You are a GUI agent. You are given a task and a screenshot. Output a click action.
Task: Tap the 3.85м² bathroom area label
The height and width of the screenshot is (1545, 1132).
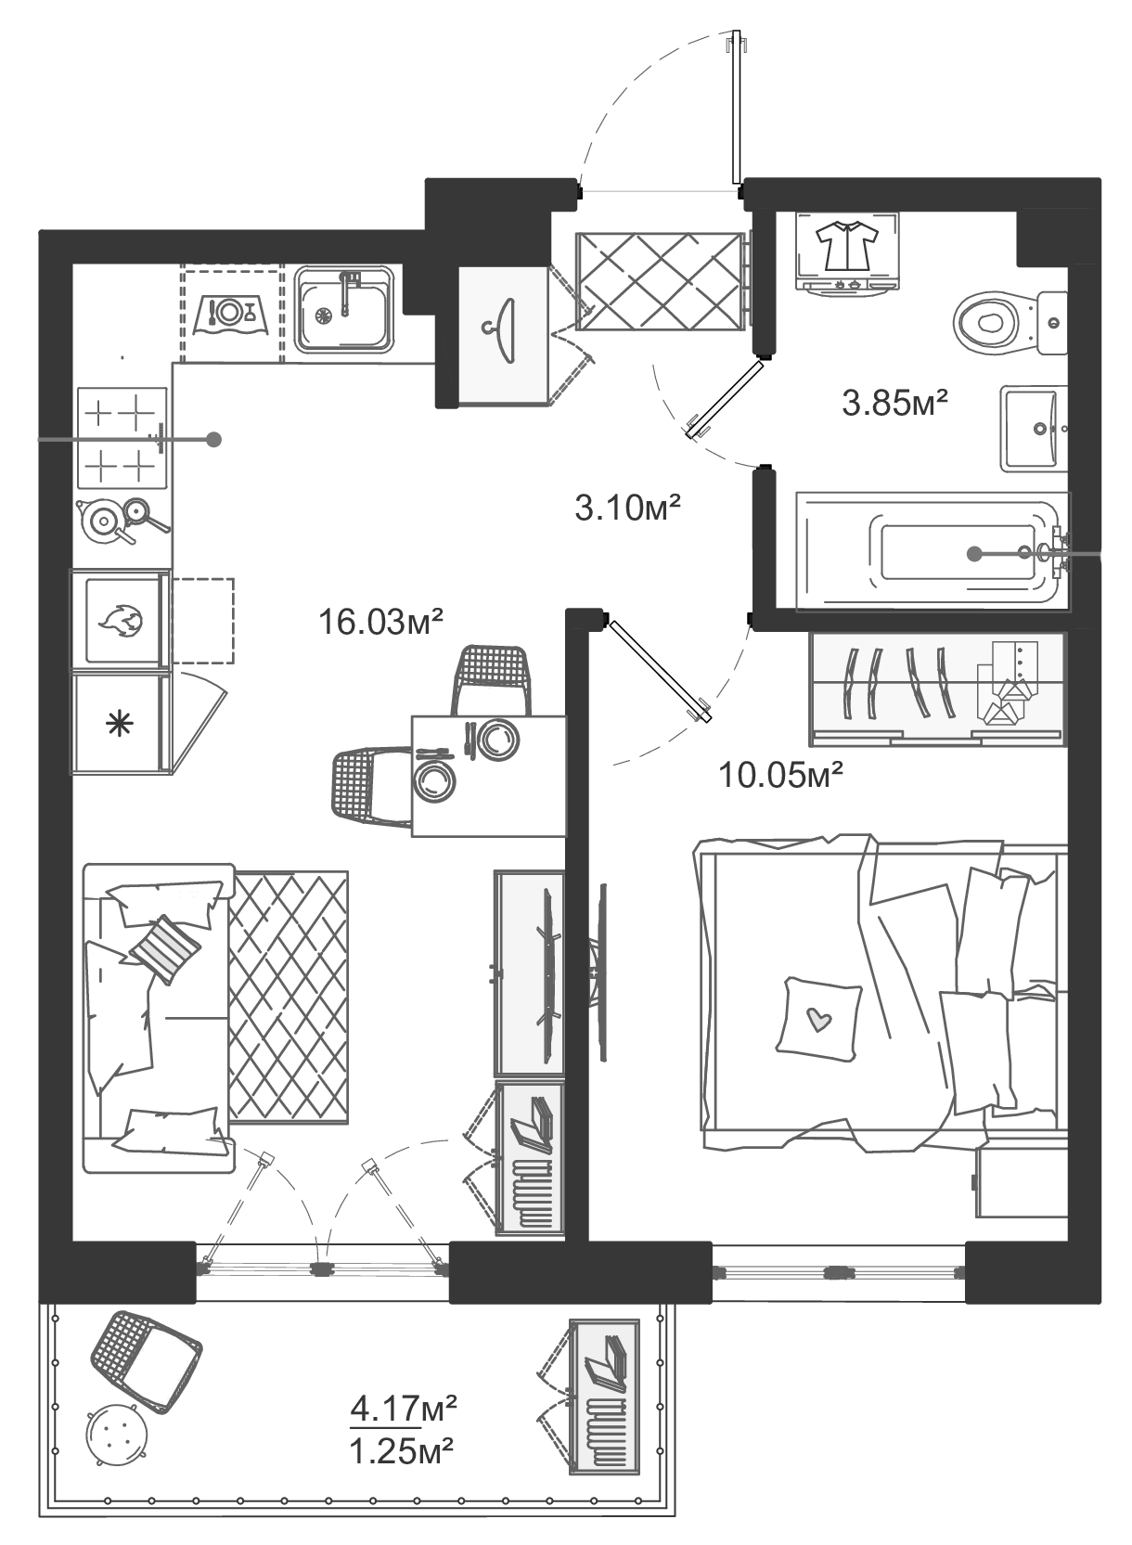coord(894,403)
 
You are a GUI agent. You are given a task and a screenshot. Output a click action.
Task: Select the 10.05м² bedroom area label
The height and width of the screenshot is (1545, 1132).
coord(781,773)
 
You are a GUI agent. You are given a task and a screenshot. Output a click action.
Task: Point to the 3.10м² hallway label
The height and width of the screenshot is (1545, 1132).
coord(628,508)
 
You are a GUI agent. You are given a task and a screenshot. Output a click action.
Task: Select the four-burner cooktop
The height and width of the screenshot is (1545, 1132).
coord(122,437)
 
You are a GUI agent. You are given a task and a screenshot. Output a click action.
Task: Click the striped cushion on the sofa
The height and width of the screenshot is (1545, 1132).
coord(165,948)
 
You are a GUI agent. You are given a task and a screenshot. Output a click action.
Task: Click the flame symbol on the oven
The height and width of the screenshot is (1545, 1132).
coord(122,620)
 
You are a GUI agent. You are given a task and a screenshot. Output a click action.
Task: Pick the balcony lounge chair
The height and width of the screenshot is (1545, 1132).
coord(146,1358)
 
